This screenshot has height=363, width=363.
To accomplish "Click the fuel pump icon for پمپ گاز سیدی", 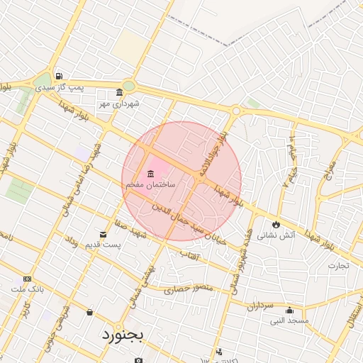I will coord(58,77).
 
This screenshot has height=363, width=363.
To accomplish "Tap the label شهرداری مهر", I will coord(120,104).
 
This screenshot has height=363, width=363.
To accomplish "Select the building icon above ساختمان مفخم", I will coord(150,174).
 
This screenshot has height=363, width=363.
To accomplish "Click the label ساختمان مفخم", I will coord(150,184).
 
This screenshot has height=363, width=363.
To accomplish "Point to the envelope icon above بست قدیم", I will coord(104,235).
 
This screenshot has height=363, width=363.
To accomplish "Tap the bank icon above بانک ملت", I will coord(28,279).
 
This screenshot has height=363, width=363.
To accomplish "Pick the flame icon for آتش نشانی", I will coord(276,224).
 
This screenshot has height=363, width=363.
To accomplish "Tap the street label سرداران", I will coord(259,305).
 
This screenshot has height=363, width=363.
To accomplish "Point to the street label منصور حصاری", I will coord(189,289).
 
